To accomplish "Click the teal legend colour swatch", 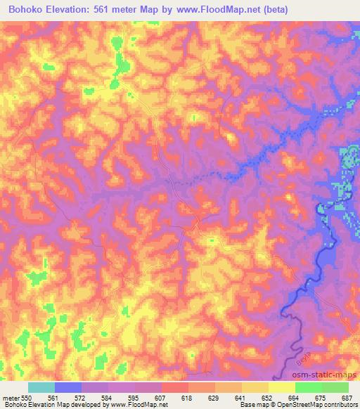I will click(41, 387).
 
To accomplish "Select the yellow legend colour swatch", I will click(282, 387).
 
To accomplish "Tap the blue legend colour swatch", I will click(68, 387).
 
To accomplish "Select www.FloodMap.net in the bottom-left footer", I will click(137, 405).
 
